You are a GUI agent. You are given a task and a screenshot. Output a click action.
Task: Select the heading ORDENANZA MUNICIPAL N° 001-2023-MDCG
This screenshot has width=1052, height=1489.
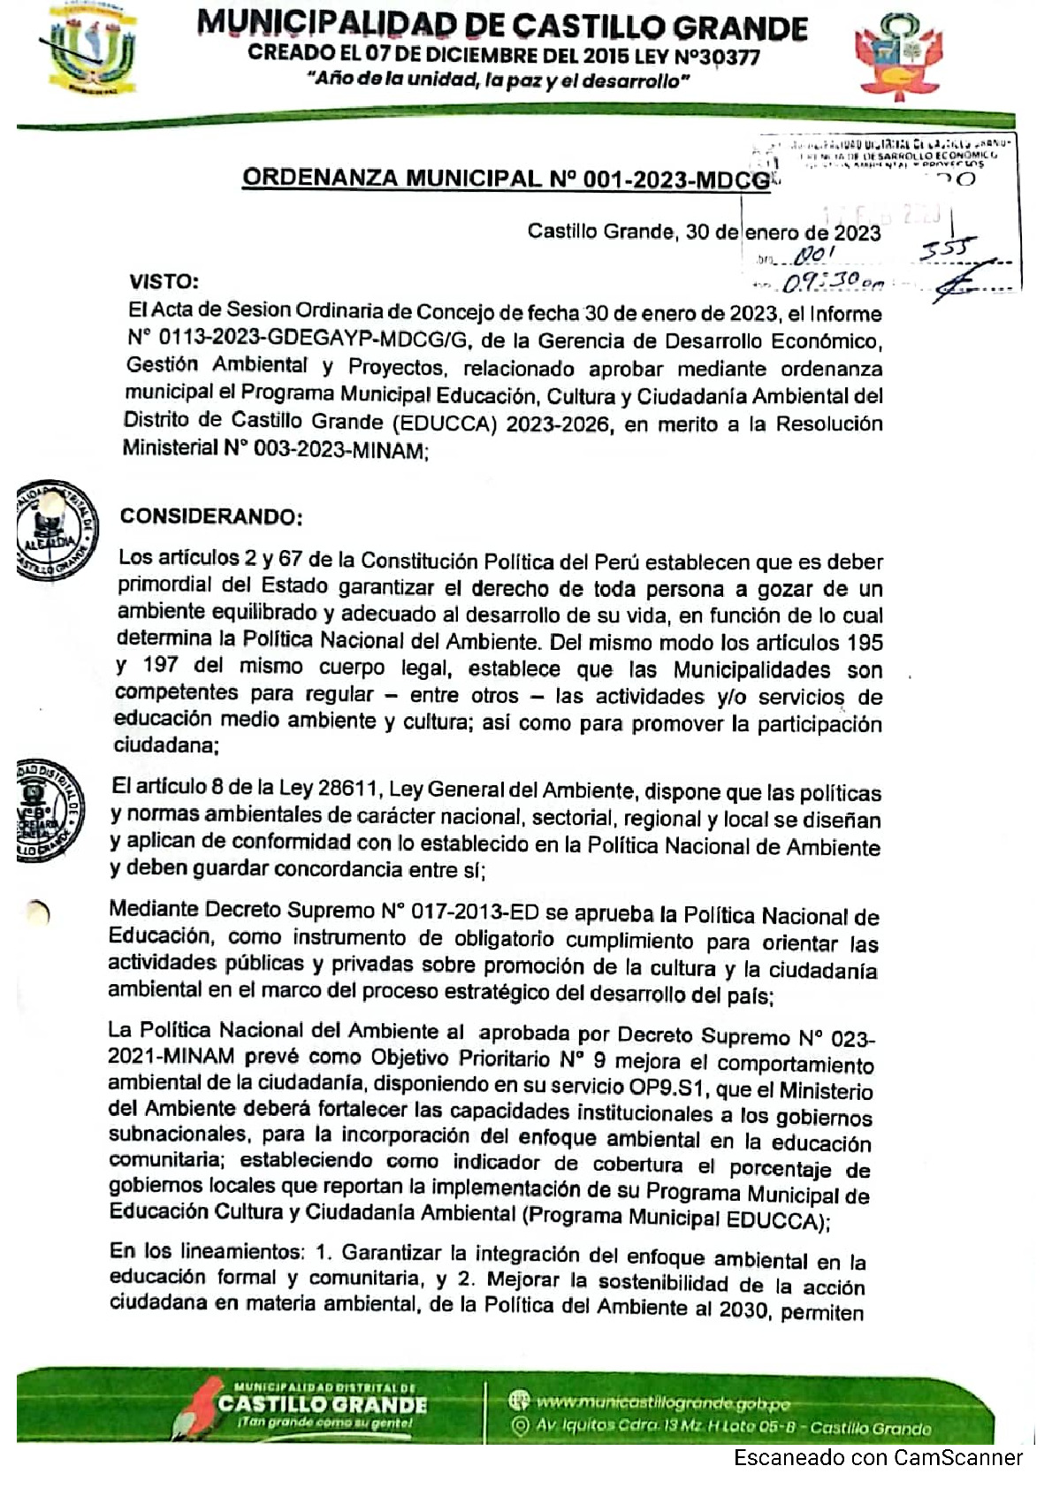506,179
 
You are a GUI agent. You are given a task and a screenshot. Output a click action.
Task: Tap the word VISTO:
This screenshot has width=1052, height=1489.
164,282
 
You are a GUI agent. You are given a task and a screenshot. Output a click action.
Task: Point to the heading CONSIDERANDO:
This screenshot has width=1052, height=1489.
211,516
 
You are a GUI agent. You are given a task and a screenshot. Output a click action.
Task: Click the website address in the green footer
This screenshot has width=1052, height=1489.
663,1402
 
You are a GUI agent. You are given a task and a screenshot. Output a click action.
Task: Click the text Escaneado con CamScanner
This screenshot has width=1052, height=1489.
878,1458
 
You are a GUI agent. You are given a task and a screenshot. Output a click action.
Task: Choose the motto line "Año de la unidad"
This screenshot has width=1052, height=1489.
499,80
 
